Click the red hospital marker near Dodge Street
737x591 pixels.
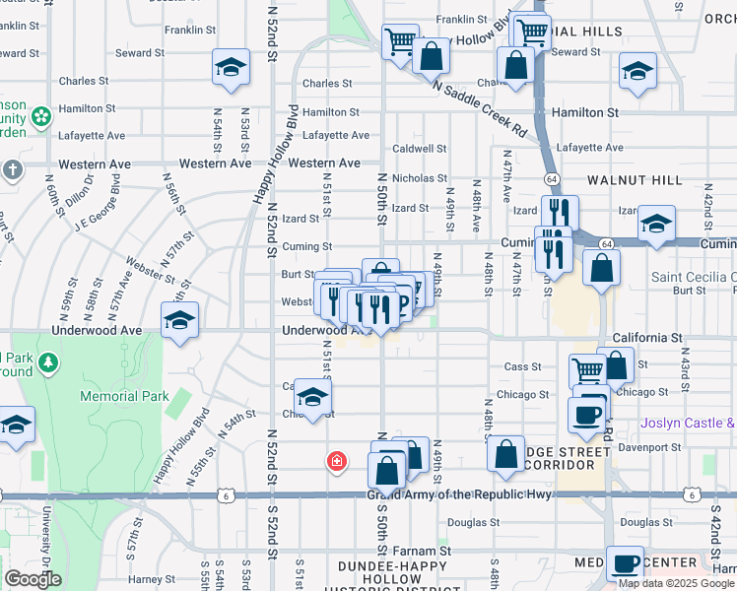pyautogui.click(x=337, y=460)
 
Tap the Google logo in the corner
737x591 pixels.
pyautogui.click(x=33, y=578)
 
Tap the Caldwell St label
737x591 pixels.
pyautogui.click(x=420, y=149)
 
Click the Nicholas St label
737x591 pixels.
pyautogui.click(x=420, y=178)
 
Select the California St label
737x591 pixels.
pyautogui.click(x=647, y=338)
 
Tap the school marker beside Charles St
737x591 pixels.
pyautogui.click(x=231, y=68)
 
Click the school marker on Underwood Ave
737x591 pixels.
pyautogui.click(x=179, y=320)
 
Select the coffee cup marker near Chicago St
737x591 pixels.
pyautogui.click(x=587, y=414)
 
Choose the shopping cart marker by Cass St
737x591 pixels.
pyautogui.click(x=587, y=372)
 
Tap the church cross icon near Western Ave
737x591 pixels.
pyautogui.click(x=12, y=170)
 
